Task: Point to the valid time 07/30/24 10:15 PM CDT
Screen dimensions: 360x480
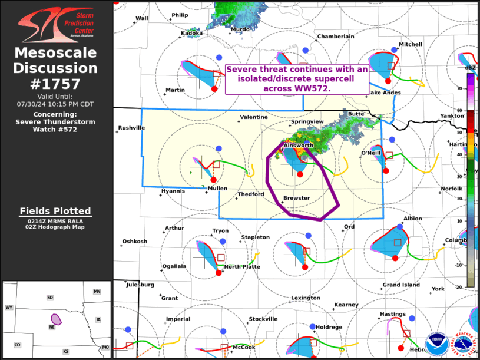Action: [55, 104]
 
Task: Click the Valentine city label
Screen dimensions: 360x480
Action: [253, 117]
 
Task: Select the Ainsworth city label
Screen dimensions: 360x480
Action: [298, 145]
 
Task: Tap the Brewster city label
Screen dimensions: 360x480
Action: [296, 198]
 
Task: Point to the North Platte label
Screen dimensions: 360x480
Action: [241, 266]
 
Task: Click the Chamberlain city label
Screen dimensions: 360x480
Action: [336, 37]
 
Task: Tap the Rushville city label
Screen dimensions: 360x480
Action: [131, 128]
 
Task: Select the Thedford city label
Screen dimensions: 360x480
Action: [250, 194]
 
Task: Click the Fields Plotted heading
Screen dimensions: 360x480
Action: [55, 211]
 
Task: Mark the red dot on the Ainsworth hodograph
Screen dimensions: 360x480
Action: [300, 174]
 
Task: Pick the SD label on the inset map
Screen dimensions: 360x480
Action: [50, 298]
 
